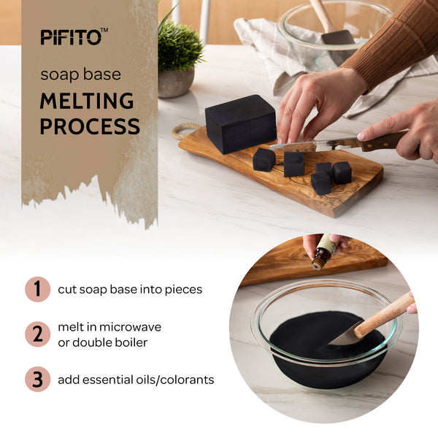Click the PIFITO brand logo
74,36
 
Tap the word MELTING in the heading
87,101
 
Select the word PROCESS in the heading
90,126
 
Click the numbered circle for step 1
38,289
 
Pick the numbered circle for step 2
38,334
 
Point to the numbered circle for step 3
38,379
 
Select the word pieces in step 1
183,290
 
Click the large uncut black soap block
240,123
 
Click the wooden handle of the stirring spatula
383,315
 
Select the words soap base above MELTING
81,74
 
